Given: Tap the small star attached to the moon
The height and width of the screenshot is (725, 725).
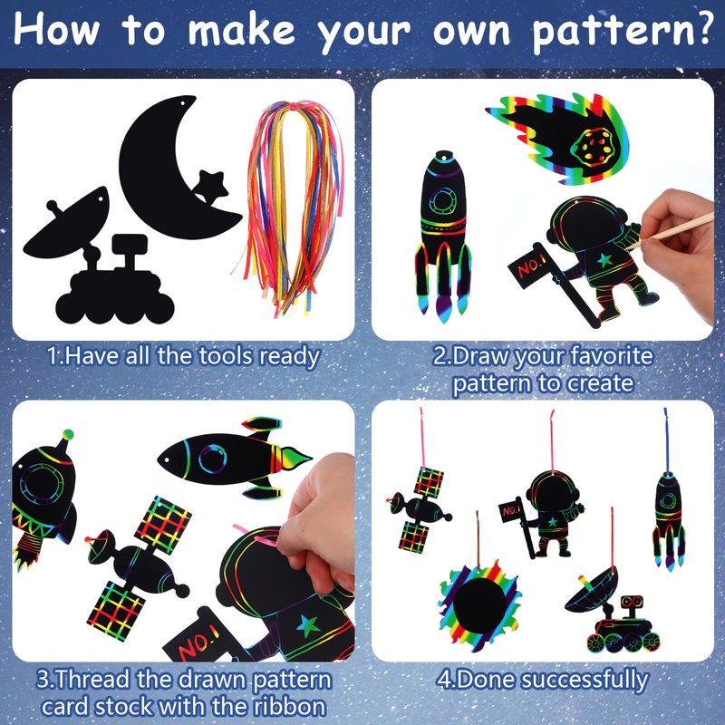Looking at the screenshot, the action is [x=210, y=187].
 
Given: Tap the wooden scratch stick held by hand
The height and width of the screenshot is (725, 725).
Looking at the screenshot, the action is [x=675, y=230].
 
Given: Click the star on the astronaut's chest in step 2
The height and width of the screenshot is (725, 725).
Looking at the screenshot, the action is [x=604, y=261].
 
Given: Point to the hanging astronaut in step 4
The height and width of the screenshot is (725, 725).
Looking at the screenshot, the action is [x=543, y=513].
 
